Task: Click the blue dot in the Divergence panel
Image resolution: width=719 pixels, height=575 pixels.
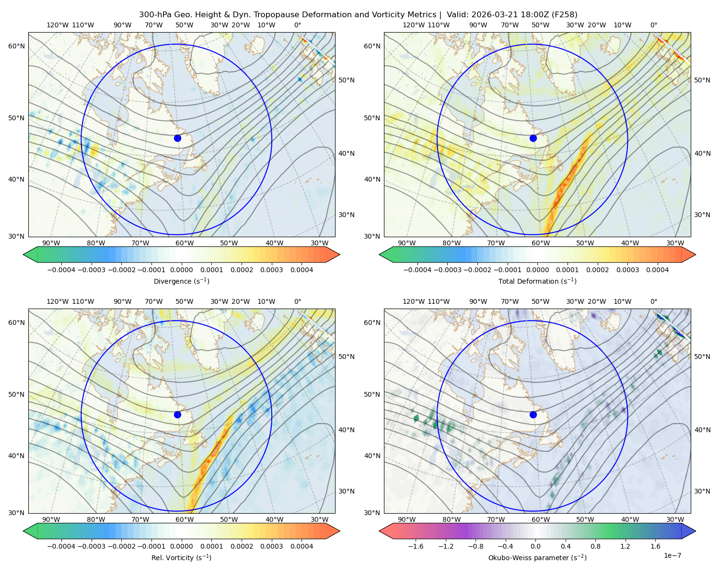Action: coord(177,138)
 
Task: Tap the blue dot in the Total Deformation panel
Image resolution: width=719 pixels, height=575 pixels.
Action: coord(533,138)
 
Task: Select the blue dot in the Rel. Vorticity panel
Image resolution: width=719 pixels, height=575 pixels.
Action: coord(177,414)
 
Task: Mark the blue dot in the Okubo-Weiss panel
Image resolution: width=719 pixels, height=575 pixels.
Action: coord(533,414)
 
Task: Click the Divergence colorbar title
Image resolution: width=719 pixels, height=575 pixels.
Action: coord(181,281)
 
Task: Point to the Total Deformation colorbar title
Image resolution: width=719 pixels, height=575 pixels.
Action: coord(537,281)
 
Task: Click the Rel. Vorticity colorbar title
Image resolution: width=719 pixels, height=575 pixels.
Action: coord(181,557)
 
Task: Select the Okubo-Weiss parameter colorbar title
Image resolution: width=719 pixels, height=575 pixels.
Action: coord(537,557)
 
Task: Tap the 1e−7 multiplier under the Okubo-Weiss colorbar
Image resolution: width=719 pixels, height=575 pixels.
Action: coord(672,555)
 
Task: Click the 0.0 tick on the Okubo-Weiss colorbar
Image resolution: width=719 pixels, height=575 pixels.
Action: coord(535,546)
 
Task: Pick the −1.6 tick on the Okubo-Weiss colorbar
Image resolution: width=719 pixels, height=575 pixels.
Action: coord(416,546)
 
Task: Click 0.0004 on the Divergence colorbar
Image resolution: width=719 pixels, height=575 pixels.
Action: coord(302,270)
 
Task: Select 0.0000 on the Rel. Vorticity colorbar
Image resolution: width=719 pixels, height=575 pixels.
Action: coord(181,546)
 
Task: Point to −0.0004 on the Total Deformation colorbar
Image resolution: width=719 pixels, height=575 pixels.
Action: coord(417,270)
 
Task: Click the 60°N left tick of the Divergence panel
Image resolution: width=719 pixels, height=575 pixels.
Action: coord(16,46)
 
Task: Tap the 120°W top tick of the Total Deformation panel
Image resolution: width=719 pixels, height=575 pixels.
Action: coord(414,25)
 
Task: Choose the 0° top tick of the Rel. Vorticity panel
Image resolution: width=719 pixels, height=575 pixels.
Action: coord(298,301)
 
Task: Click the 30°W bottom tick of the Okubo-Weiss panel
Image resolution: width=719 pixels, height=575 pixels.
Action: coord(675,519)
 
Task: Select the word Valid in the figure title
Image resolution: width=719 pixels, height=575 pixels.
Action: coord(455,15)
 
